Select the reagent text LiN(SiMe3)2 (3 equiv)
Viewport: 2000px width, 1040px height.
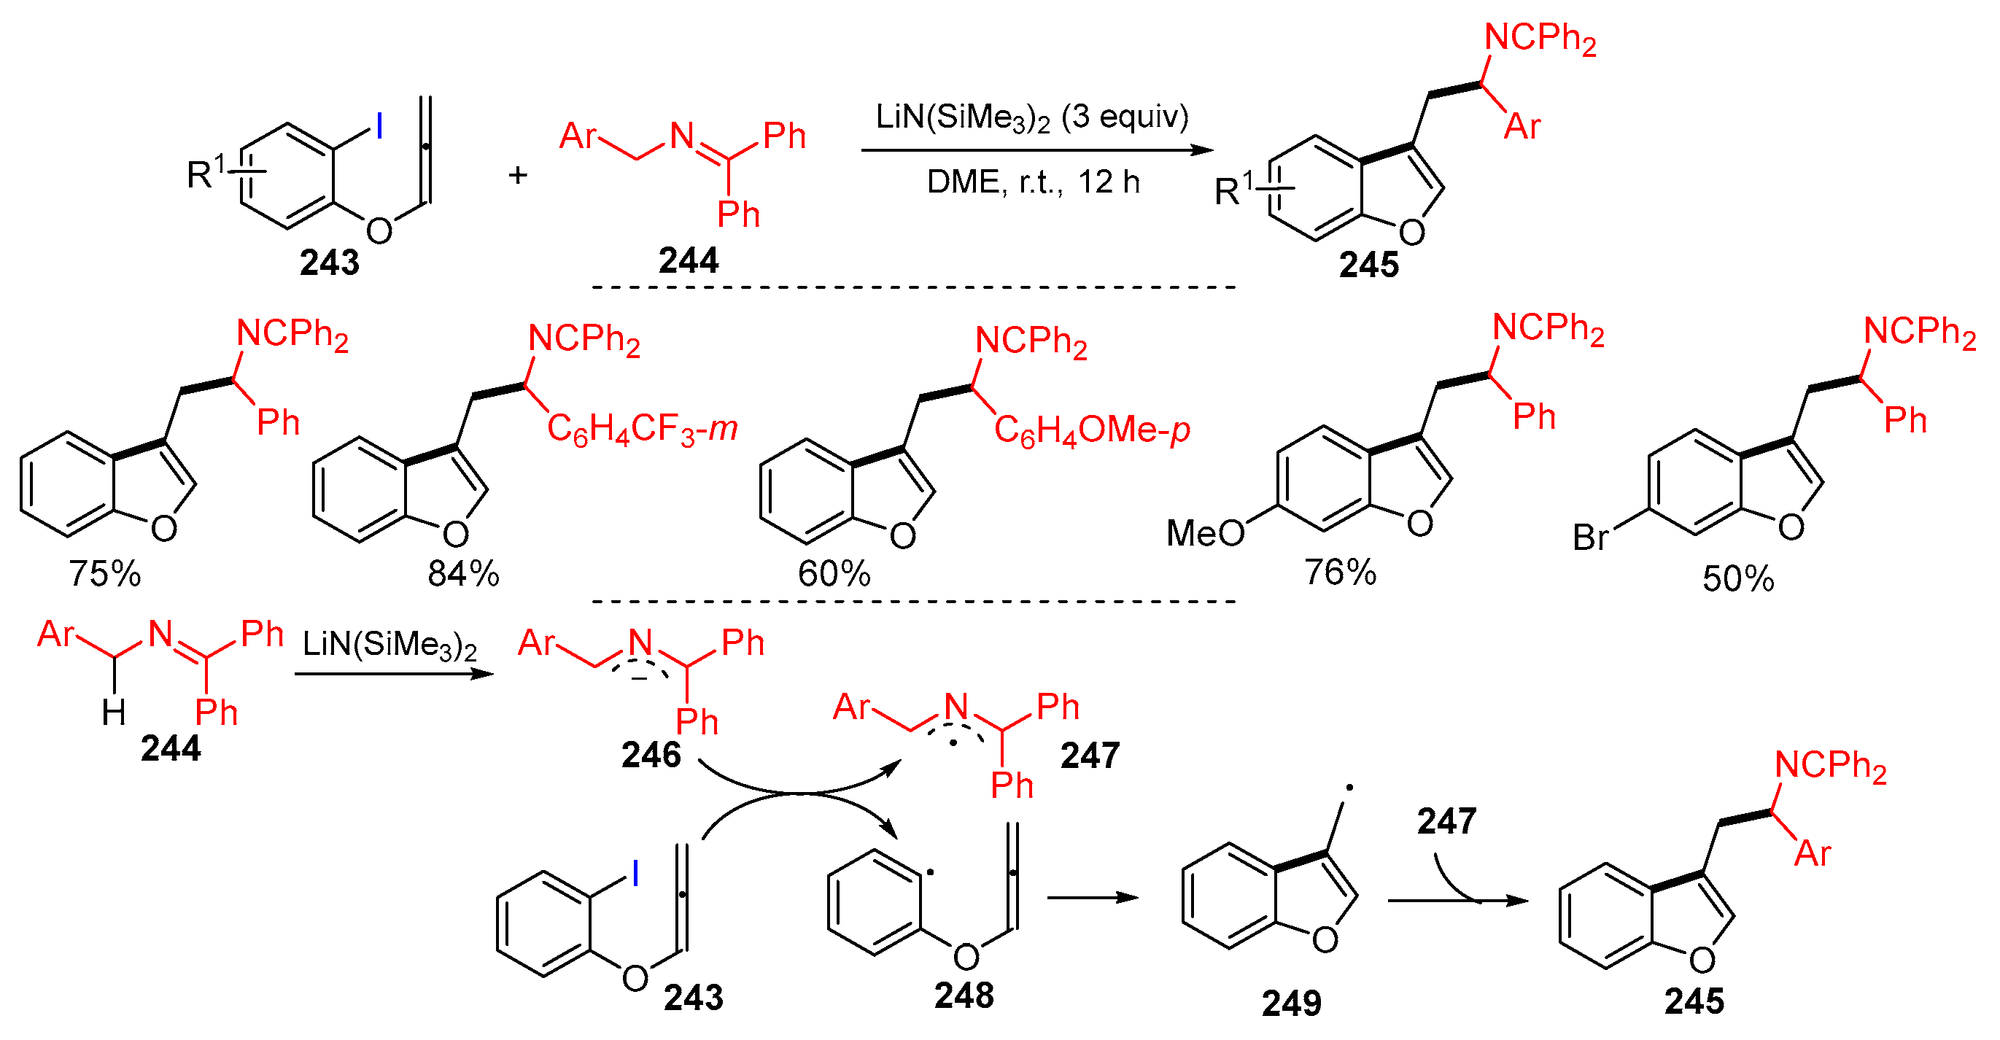tap(1032, 118)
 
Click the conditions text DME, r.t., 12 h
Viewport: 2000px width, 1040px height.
tap(1033, 182)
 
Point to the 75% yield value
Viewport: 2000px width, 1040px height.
tap(105, 573)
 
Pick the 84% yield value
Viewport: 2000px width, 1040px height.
tap(462, 573)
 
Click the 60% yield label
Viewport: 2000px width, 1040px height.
tap(834, 573)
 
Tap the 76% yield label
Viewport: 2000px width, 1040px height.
tap(1340, 572)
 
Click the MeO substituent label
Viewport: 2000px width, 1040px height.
tap(1205, 533)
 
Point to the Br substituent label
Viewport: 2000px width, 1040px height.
tap(1591, 537)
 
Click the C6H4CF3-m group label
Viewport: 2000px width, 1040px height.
tap(641, 429)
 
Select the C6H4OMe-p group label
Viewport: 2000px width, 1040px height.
tap(1092, 431)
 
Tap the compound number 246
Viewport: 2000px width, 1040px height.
tap(651, 754)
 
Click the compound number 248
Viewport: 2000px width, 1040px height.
tap(964, 996)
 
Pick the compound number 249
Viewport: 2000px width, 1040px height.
tap(1291, 1003)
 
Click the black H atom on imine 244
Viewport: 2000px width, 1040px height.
tap(114, 712)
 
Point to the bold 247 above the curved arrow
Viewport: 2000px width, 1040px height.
tap(1446, 821)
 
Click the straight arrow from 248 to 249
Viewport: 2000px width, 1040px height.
tap(1092, 898)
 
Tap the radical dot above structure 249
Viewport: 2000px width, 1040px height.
tap(1349, 788)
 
